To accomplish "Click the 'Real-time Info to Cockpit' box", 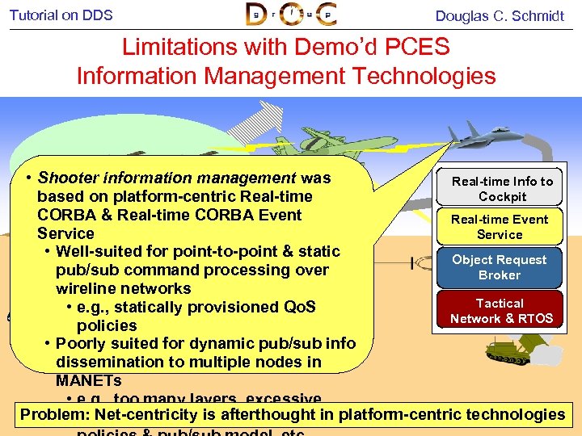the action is (502, 189).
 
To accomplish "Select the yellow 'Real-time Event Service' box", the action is (500, 227).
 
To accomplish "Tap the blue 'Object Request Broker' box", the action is (500, 267).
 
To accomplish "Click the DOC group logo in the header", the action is (291, 15).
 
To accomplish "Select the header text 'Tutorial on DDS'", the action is (61, 15).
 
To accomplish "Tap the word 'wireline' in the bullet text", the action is (86, 288).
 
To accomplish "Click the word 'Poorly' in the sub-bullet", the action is (83, 343).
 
